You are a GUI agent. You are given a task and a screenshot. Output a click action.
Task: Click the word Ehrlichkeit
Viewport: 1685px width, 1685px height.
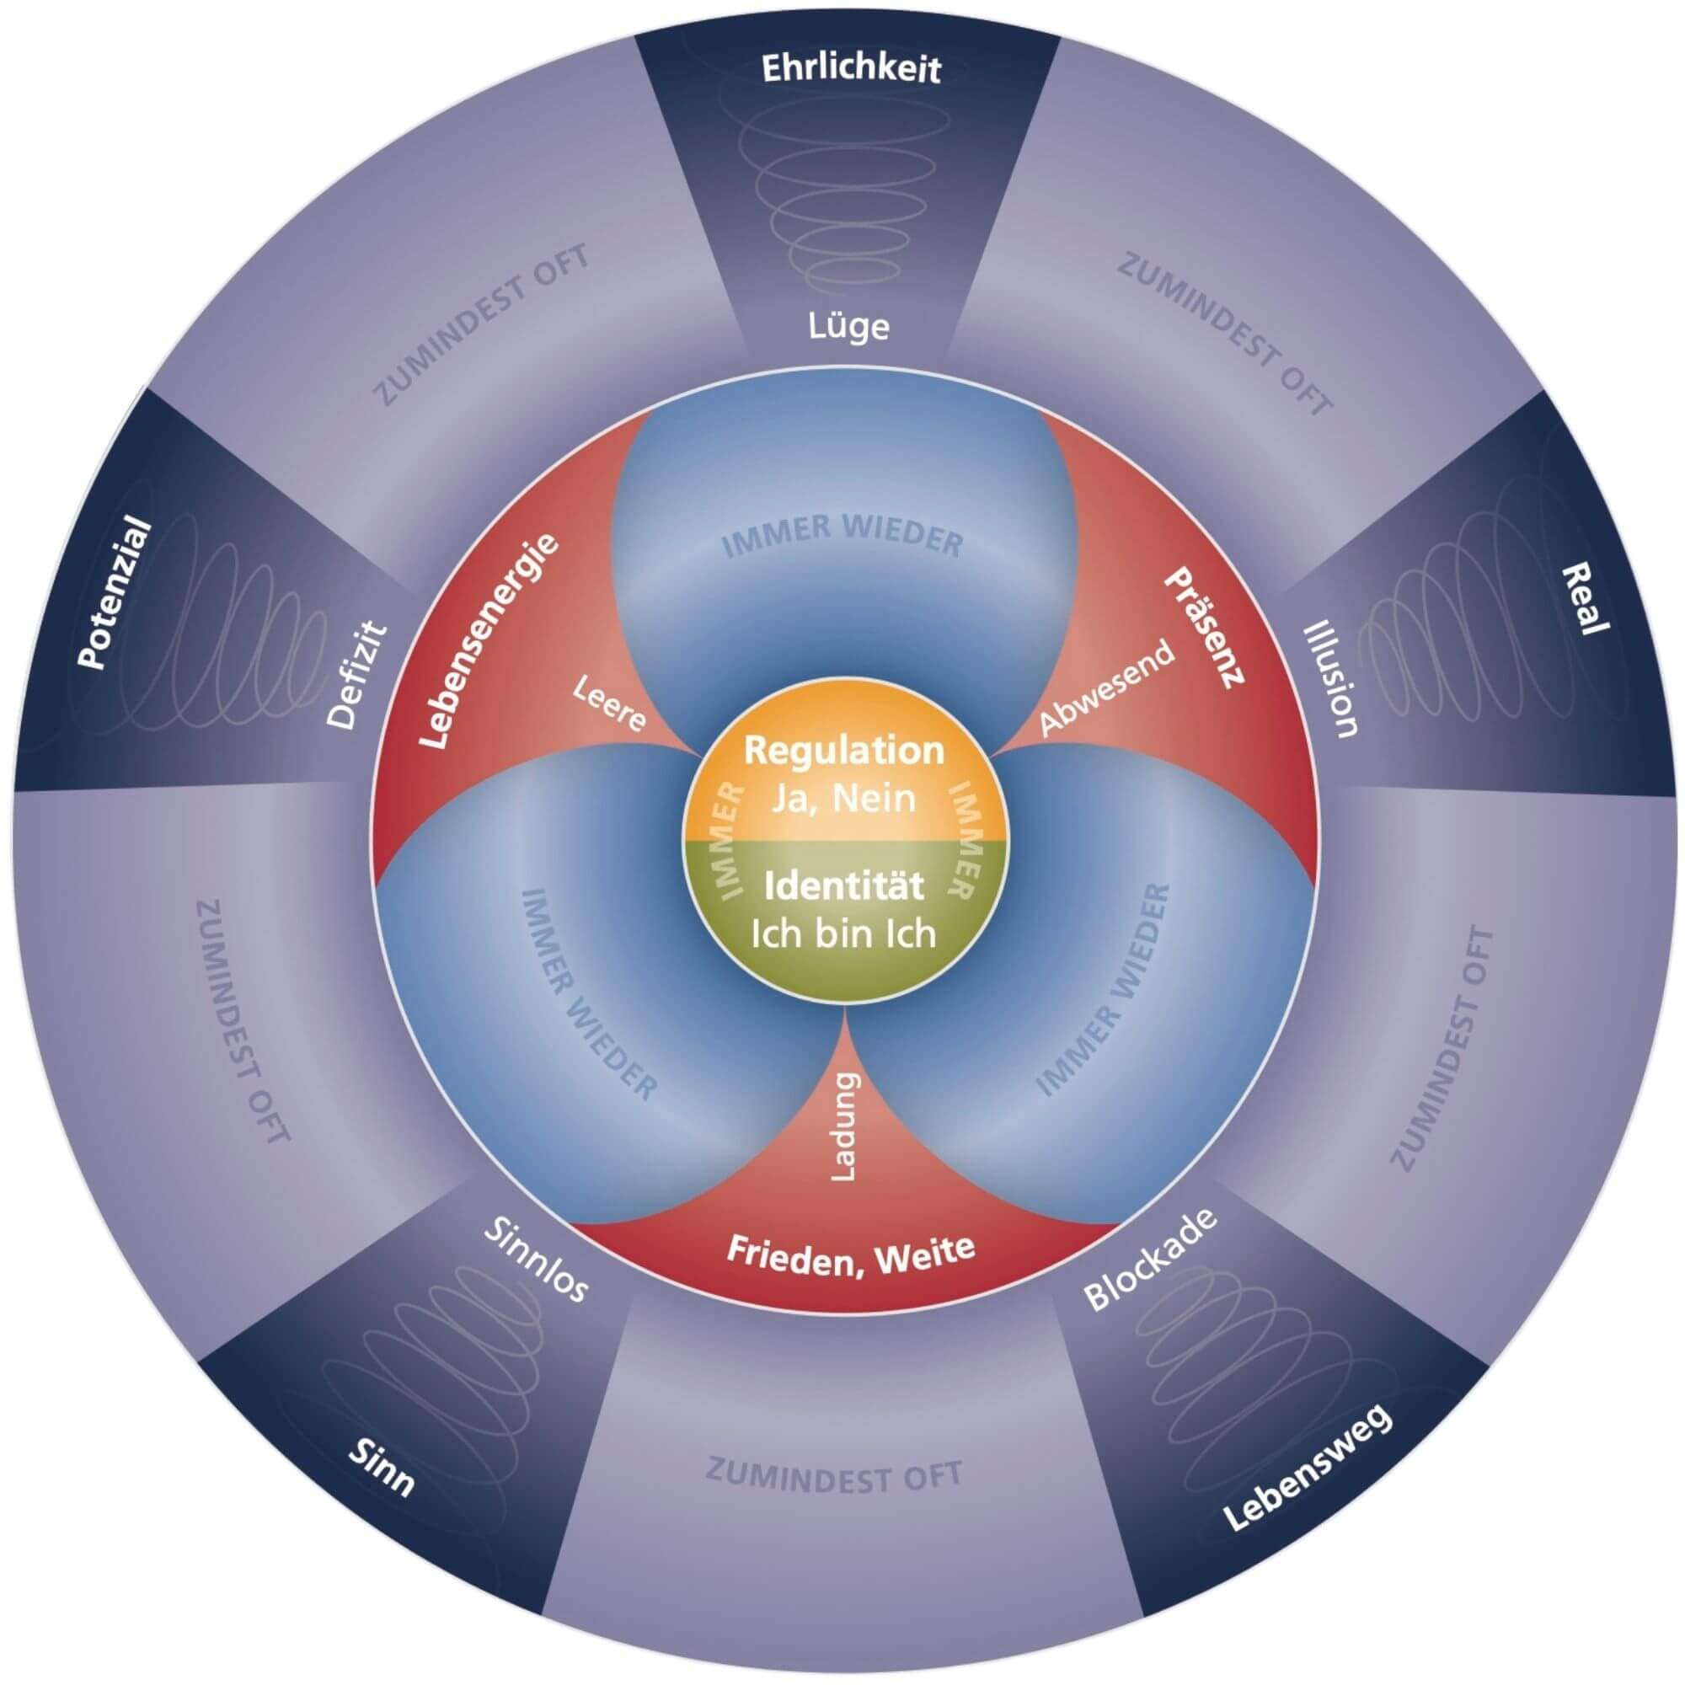pyautogui.click(x=850, y=69)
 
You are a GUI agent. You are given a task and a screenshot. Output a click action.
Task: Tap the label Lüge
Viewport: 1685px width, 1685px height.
pyautogui.click(x=848, y=327)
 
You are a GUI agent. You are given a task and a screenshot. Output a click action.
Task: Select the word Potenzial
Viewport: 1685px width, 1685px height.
pyautogui.click(x=115, y=594)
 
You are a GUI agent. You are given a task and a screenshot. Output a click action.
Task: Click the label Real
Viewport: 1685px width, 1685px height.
pyautogui.click(x=1584, y=596)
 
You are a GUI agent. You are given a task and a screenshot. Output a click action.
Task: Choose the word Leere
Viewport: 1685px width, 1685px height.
pyautogui.click(x=609, y=703)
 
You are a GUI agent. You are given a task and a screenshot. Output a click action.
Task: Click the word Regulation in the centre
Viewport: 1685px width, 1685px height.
pyautogui.click(x=843, y=750)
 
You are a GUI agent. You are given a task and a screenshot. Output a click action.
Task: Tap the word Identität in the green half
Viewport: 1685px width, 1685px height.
pyautogui.click(x=843, y=887)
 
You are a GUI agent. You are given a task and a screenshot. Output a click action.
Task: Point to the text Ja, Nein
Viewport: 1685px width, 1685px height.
pyautogui.click(x=843, y=797)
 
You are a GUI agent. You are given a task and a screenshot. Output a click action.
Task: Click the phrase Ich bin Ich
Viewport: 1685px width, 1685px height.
pyautogui.click(x=843, y=934)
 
